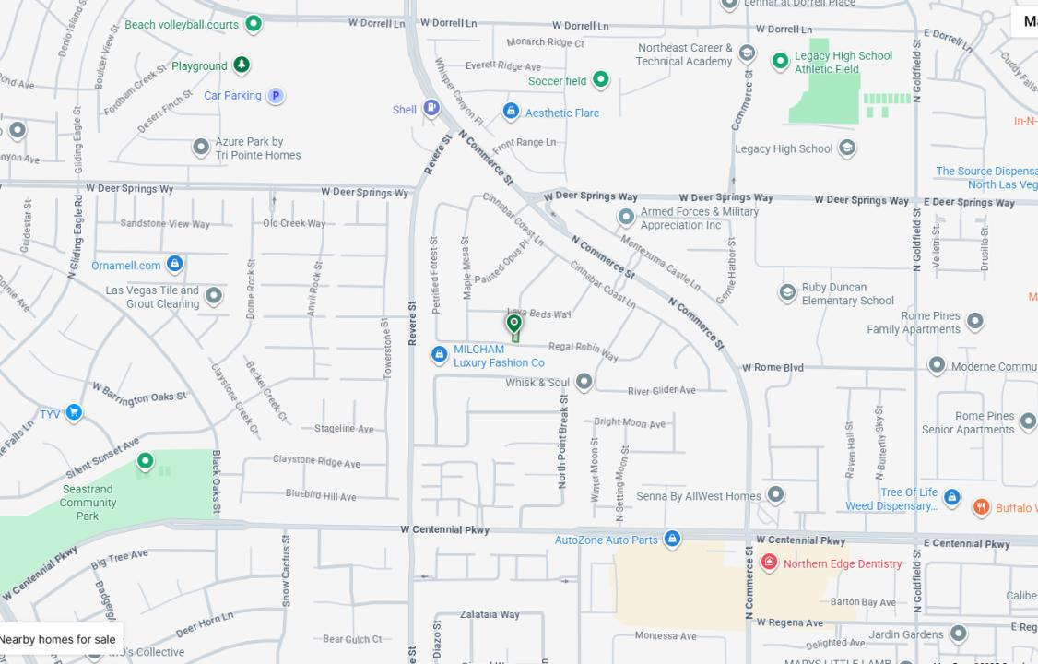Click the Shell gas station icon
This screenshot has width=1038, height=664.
(431, 109)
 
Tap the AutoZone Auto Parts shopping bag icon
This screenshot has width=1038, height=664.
(672, 539)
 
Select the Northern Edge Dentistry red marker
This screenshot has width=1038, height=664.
(769, 563)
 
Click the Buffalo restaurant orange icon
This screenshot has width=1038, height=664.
(981, 507)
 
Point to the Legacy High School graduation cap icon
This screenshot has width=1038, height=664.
(846, 148)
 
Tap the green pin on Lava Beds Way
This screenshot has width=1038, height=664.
(514, 324)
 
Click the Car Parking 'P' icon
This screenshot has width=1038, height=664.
(275, 95)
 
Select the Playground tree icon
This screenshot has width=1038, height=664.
(242, 65)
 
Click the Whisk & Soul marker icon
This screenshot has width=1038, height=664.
(584, 381)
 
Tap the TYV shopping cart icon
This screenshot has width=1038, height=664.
(74, 412)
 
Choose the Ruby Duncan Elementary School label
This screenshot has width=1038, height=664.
(847, 293)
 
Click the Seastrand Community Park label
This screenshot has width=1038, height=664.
(88, 503)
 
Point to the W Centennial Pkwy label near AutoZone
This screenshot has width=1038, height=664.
(444, 530)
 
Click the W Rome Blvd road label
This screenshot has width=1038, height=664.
(773, 367)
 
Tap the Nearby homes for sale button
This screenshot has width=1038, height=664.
(58, 639)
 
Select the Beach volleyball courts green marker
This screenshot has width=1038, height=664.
(254, 23)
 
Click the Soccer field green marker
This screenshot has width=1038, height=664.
(601, 79)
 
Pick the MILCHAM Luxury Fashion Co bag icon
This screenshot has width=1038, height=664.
(440, 354)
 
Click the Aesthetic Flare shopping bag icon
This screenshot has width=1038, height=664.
(511, 112)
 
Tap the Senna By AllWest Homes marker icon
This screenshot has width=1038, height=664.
(776, 495)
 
